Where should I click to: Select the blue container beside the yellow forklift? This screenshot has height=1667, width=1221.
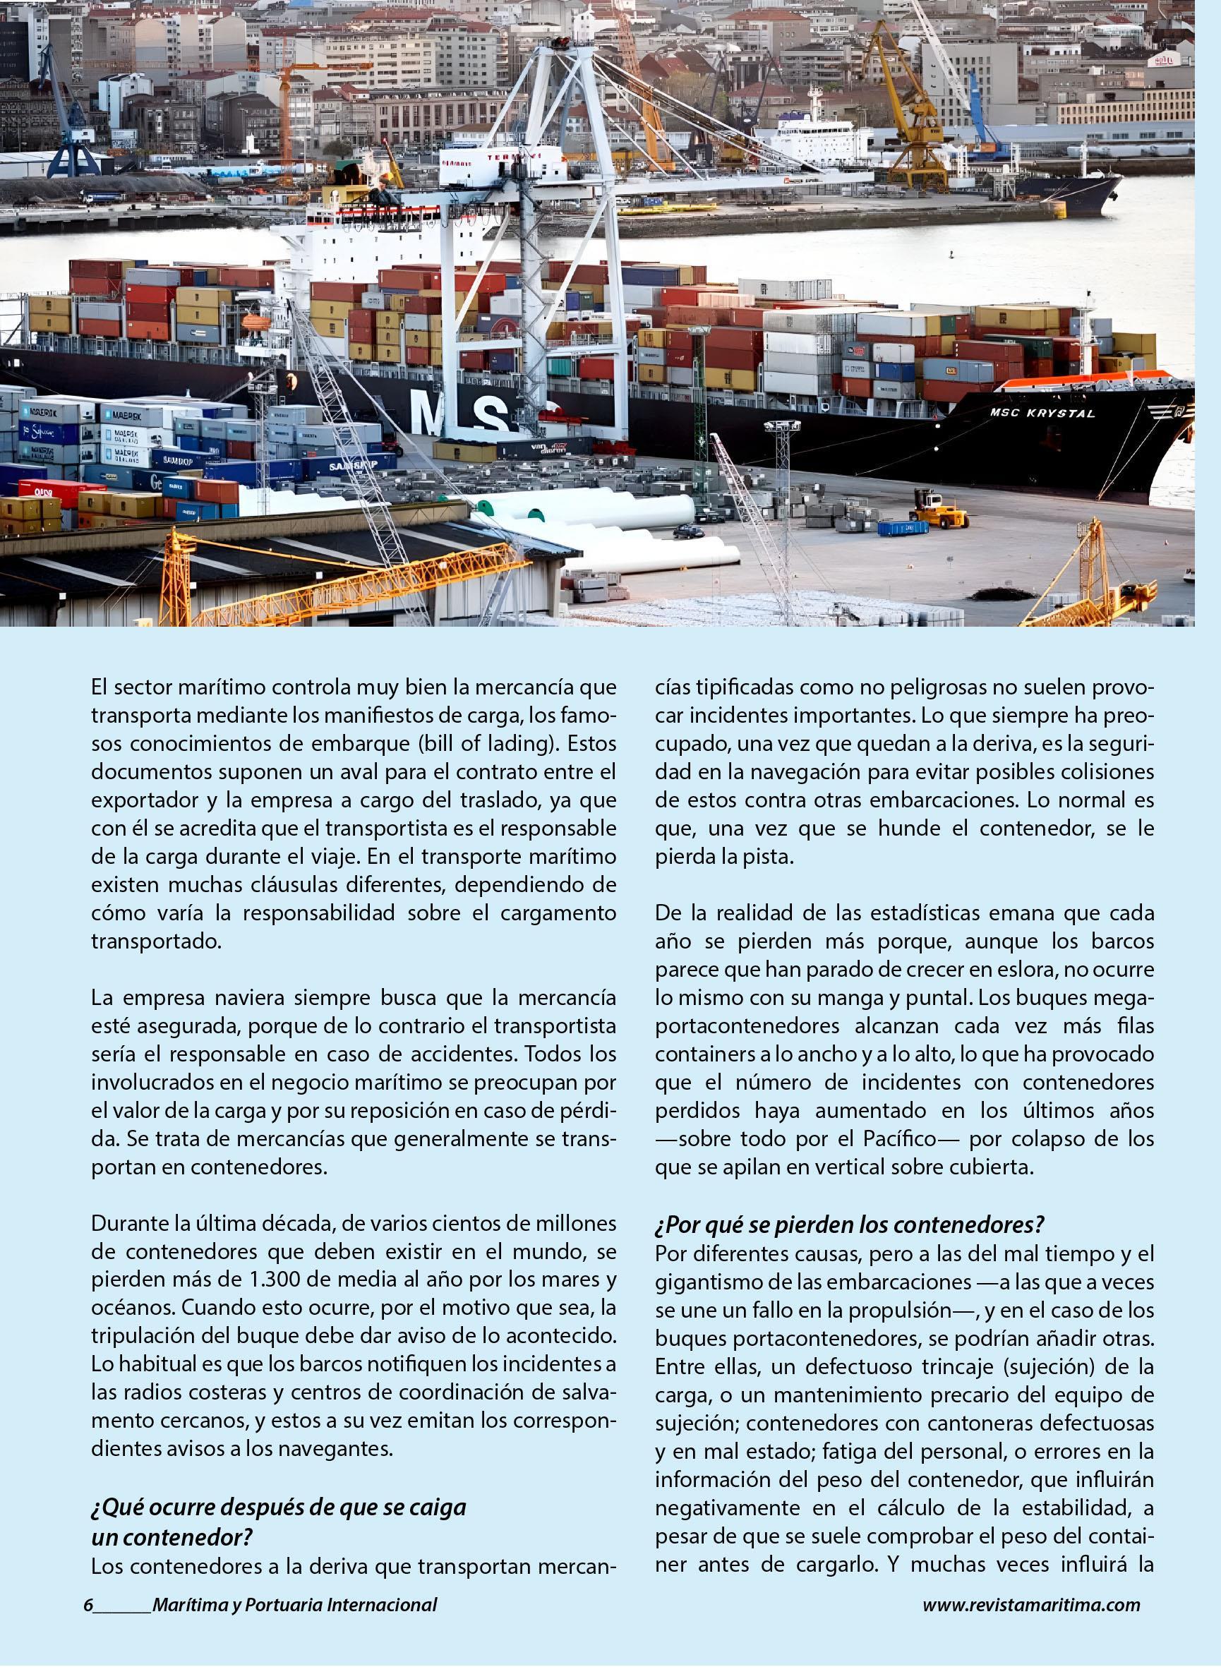903,529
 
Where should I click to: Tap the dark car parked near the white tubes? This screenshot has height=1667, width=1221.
688,531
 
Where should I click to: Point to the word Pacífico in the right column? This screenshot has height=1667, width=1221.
910,1139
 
